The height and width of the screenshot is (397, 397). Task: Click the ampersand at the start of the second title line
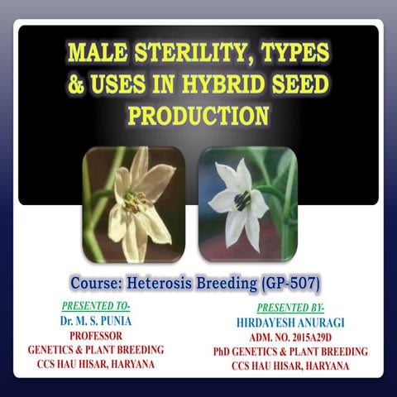coord(77,84)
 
